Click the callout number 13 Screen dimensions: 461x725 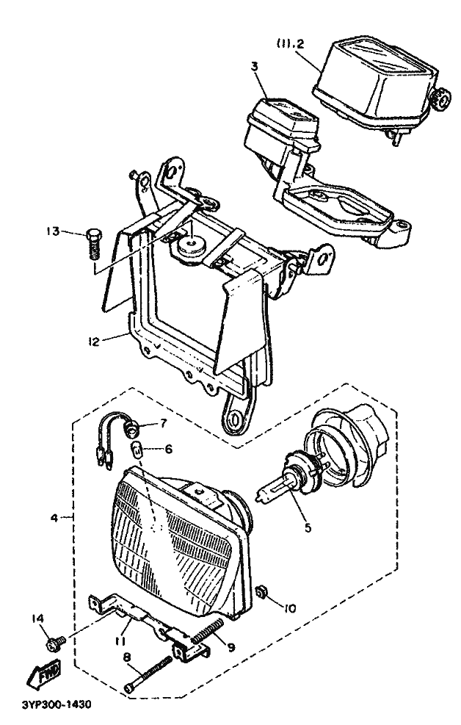click(53, 231)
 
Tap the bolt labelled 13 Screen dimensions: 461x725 click(93, 243)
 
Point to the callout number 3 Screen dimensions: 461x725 click(255, 65)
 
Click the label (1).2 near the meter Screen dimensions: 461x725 click(291, 44)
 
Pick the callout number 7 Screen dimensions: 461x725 click(164, 422)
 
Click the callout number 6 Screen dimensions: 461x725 click(168, 449)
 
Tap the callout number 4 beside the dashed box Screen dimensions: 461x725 click(54, 518)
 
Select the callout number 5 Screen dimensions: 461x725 click(307, 527)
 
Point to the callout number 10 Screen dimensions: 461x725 click(290, 608)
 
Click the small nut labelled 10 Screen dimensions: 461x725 click(261, 591)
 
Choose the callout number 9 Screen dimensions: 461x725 click(230, 647)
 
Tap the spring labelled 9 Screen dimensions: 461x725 click(208, 631)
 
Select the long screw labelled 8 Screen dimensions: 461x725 click(148, 674)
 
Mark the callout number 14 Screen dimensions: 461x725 click(38, 618)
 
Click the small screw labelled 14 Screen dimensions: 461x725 click(56, 643)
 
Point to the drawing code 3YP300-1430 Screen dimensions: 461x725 click(57, 704)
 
